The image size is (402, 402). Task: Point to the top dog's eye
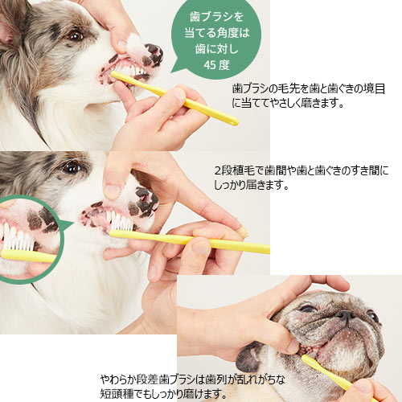click(x=75, y=35)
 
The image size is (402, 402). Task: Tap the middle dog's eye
click(x=72, y=167)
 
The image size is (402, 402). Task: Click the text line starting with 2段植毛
click(x=301, y=171)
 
